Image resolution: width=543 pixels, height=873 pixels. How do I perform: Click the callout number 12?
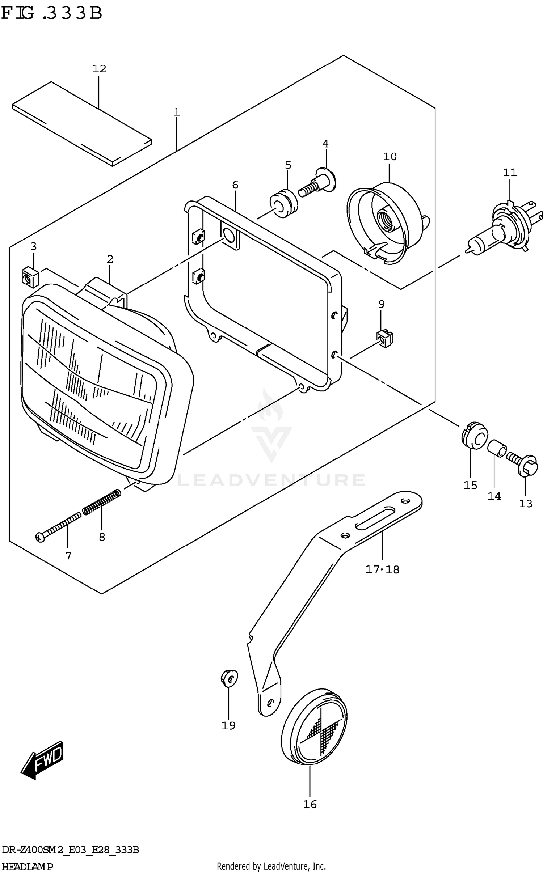pos(99,68)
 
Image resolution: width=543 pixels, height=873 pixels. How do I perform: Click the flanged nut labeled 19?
pos(229,678)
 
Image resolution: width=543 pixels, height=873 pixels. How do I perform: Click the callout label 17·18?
pos(382,569)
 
